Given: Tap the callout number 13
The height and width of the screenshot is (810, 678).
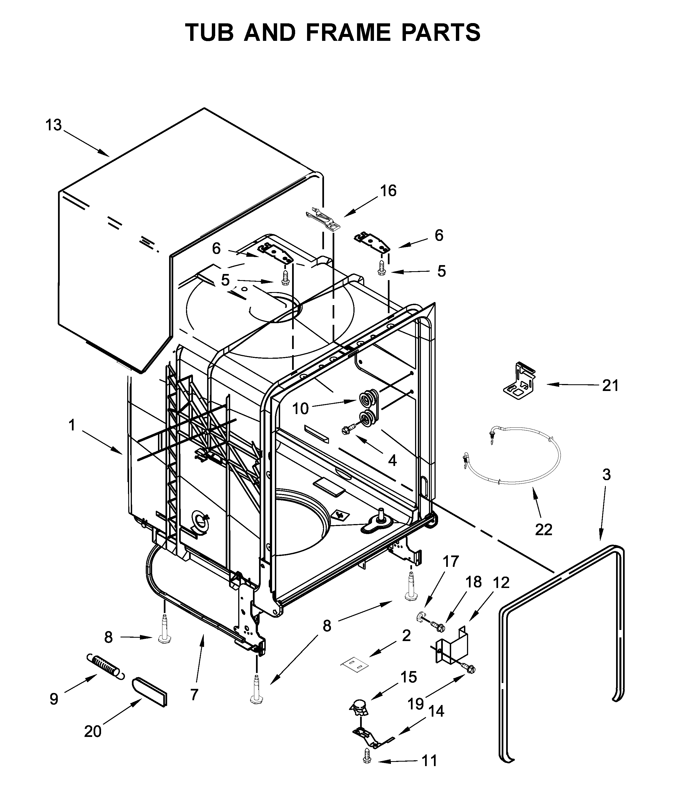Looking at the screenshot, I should [x=54, y=125].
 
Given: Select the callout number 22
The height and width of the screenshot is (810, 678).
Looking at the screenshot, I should [x=543, y=530].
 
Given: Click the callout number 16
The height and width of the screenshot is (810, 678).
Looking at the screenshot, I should [x=388, y=191].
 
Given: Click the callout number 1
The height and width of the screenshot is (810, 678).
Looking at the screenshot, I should [x=72, y=425].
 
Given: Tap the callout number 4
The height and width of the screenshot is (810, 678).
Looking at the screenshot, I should [x=392, y=460].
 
